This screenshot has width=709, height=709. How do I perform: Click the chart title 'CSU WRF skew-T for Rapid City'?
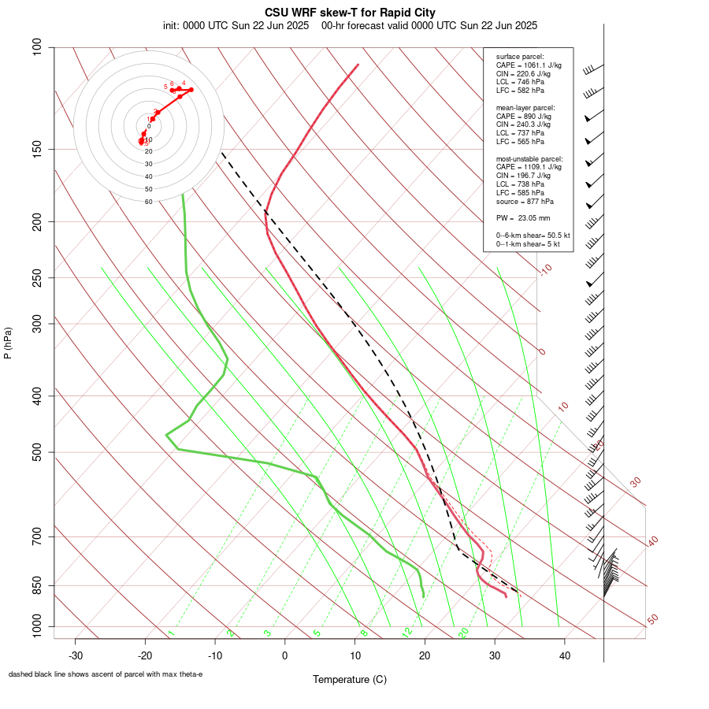point(350,13)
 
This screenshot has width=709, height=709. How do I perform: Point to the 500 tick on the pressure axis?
point(37,452)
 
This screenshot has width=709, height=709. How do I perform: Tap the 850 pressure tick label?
point(37,585)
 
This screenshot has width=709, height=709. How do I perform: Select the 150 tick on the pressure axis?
point(37,149)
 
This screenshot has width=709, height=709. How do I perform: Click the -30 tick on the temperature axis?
point(76,655)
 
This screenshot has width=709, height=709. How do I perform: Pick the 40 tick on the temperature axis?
point(564,655)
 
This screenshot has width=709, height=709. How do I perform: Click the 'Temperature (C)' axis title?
point(349,679)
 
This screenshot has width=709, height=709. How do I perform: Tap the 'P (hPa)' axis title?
point(8,343)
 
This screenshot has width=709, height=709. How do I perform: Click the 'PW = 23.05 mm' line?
point(523,217)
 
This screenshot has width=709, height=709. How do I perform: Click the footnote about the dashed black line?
point(106,674)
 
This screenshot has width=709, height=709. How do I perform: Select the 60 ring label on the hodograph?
point(148,202)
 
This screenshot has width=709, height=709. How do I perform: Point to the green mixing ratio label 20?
point(464,633)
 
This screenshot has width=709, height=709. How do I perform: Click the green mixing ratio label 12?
point(407,633)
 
